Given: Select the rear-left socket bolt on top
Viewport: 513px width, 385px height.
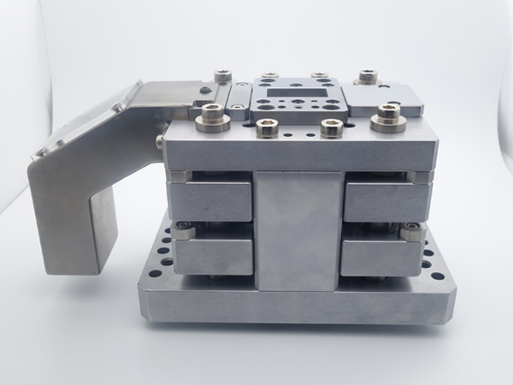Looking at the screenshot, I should [223, 79].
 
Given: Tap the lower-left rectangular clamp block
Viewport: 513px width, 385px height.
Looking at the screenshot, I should [214, 255].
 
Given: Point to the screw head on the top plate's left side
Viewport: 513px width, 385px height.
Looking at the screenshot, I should [160, 139].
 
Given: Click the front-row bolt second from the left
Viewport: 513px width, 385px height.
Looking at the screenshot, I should [265, 128].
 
